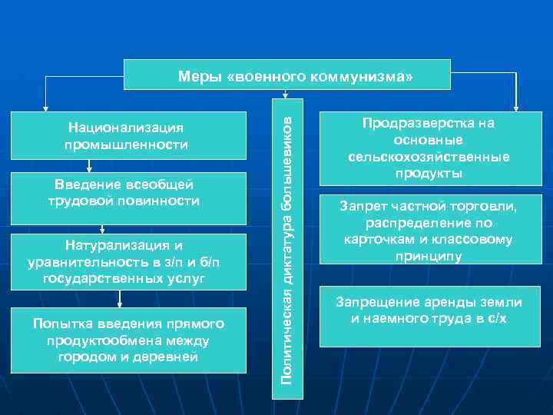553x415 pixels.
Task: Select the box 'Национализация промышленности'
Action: point(126,135)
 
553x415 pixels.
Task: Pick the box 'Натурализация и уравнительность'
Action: point(126,261)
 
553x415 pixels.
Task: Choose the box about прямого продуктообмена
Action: point(126,340)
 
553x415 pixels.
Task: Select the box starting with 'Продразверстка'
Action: point(429,148)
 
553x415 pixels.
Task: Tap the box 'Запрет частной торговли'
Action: point(429,231)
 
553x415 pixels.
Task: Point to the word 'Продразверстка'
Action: point(429,123)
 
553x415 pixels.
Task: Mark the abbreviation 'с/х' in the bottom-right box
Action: point(504,318)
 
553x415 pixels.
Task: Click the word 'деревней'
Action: point(166,357)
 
